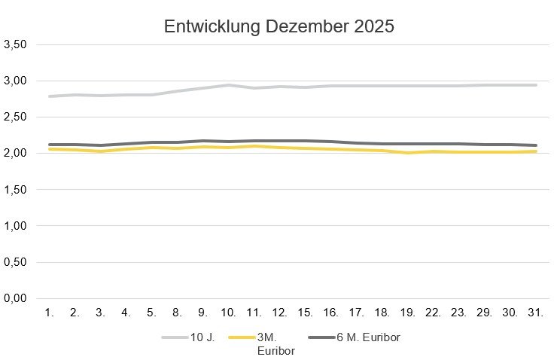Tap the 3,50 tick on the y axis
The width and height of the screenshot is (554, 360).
pyautogui.click(x=16, y=44)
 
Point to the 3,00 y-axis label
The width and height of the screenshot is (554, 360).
pyautogui.click(x=16, y=81)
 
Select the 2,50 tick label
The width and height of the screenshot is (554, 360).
pyautogui.click(x=16, y=117)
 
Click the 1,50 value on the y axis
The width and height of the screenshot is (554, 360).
pyautogui.click(x=16, y=190)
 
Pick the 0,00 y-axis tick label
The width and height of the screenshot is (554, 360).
pyautogui.click(x=16, y=299)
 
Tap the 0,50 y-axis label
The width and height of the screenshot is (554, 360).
pyautogui.click(x=16, y=263)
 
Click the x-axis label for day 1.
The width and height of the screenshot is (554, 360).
pyautogui.click(x=50, y=312)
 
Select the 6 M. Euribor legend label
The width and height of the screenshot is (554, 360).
pyautogui.click(x=363, y=337)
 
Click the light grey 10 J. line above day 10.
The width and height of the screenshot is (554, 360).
pyautogui.click(x=229, y=85)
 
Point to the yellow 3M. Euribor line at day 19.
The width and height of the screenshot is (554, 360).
pyautogui.click(x=408, y=153)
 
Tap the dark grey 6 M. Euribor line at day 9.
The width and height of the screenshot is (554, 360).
pyautogui.click(x=203, y=141)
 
